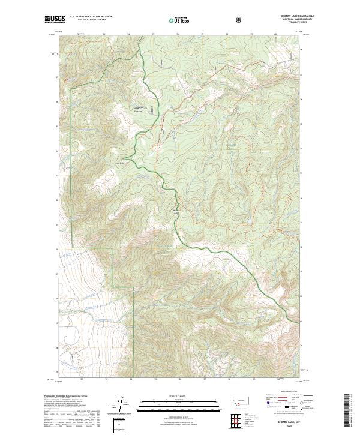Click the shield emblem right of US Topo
click(240, 20)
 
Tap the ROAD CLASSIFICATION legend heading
click(286, 394)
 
